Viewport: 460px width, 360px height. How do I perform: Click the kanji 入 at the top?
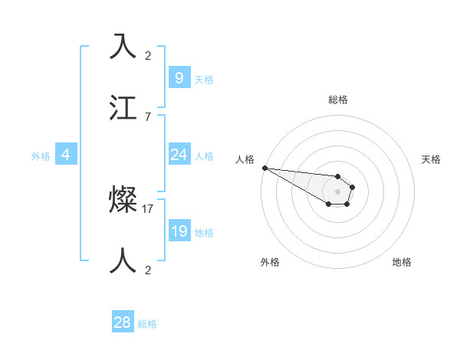pos(123,47)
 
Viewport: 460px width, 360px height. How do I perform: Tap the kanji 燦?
pos(123,201)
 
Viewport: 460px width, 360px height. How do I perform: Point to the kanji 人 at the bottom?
pos(123,260)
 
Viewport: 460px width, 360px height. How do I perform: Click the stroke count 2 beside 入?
pos(148,55)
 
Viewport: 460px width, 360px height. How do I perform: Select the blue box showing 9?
pos(179,77)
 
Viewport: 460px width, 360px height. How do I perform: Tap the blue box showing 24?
pos(179,155)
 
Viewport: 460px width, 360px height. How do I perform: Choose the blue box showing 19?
pos(179,231)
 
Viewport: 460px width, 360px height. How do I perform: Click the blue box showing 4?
pos(66,155)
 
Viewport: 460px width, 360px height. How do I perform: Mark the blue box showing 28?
pos(123,322)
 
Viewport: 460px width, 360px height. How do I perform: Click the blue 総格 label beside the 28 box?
pos(148,324)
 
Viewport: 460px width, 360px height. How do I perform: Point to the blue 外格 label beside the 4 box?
pos(41,155)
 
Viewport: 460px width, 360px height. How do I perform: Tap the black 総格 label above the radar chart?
pos(337,100)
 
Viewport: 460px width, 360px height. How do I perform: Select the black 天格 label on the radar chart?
pos(432,159)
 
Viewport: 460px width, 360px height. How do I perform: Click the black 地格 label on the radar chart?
pos(402,262)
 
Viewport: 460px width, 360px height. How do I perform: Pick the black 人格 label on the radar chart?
pos(245,159)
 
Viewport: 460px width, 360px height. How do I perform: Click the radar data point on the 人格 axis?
pos(264,168)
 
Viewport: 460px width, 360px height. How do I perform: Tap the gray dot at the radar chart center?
pos(337,191)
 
